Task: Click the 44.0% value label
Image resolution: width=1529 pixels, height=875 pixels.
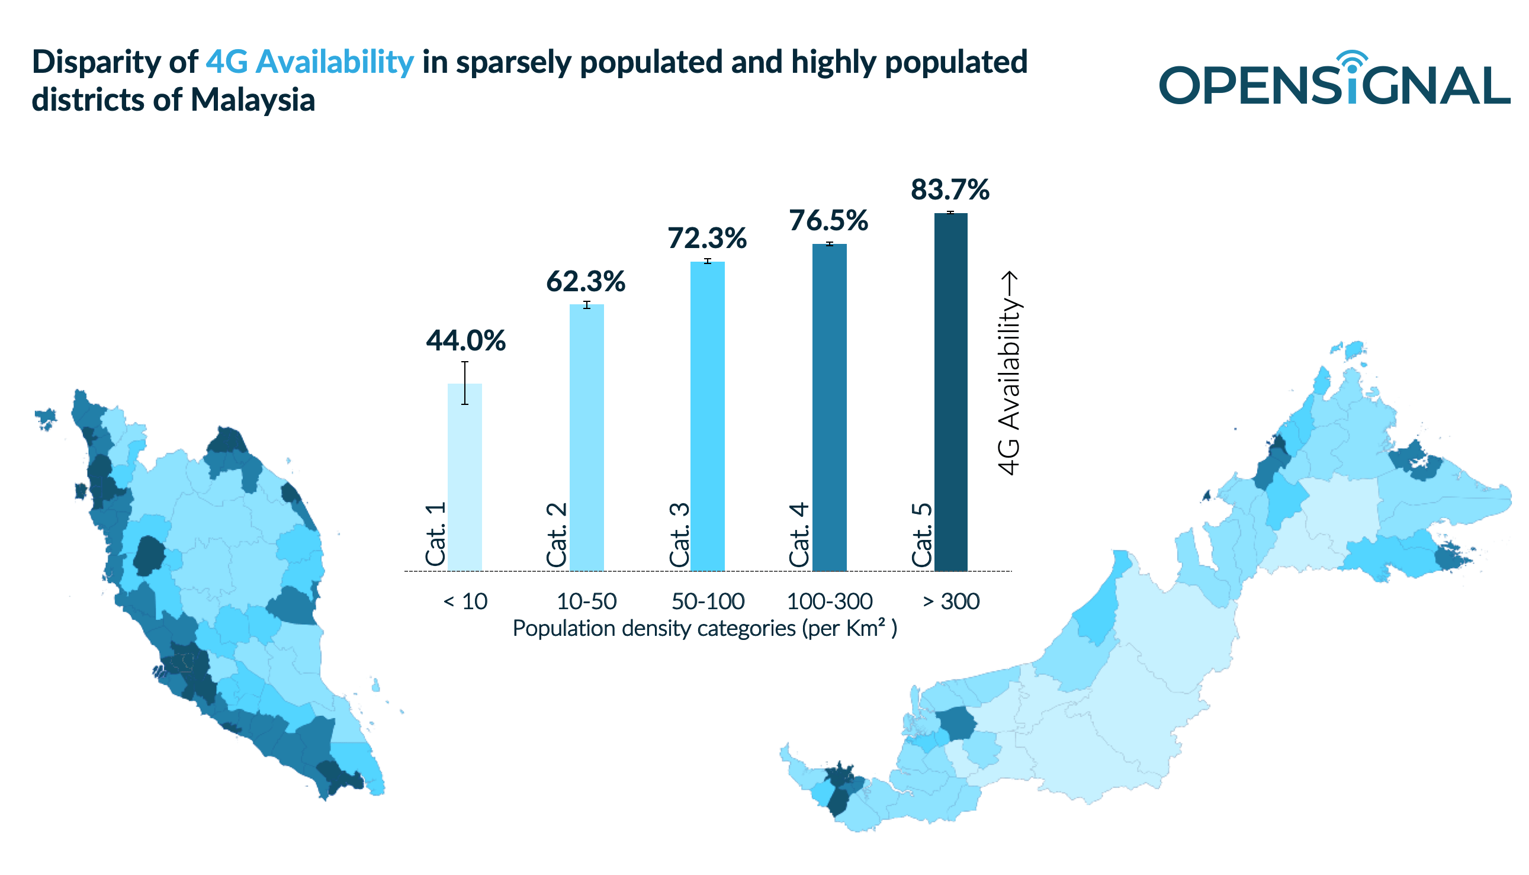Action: point(465,341)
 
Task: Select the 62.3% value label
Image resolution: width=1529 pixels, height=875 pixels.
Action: point(586,281)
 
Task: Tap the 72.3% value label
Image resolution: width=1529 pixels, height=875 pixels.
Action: point(707,239)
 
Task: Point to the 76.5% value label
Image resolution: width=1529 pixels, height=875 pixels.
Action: point(828,221)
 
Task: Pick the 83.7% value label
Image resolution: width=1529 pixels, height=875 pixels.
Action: point(950,190)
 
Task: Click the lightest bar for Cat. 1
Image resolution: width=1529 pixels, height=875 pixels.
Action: point(465,481)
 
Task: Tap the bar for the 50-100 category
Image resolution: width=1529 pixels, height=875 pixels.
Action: point(708,421)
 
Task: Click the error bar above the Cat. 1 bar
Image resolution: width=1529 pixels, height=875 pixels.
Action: point(465,383)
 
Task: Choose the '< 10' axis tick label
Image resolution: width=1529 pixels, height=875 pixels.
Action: point(465,601)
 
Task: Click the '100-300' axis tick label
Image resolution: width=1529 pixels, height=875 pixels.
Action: point(829,601)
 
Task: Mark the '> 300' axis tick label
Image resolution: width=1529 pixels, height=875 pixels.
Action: point(951,601)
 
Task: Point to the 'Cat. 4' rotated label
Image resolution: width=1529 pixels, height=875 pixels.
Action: point(799,535)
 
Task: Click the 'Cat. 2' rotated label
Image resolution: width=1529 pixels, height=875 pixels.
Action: point(557,535)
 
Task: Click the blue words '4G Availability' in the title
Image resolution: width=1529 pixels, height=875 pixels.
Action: point(310,62)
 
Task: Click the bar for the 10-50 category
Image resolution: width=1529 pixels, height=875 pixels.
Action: point(587,439)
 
